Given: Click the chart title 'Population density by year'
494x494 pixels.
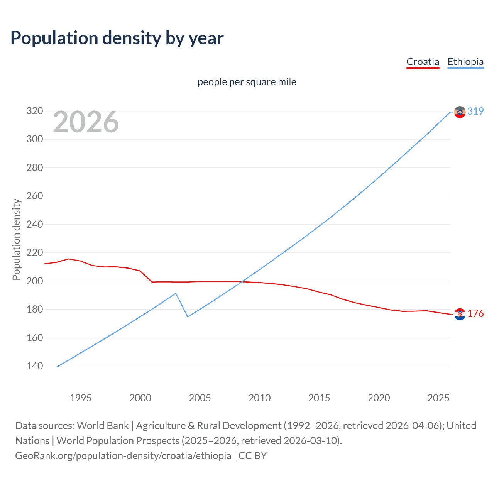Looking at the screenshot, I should [x=117, y=38].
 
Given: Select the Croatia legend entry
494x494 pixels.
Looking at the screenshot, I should [x=423, y=62].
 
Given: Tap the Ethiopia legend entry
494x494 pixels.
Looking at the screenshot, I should [x=465, y=62].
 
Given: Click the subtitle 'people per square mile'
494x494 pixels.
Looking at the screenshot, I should [x=247, y=82].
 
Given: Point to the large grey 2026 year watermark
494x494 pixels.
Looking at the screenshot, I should [x=86, y=122].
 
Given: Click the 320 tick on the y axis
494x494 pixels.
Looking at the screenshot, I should [x=34, y=111].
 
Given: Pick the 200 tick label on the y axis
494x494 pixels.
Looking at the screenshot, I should [x=34, y=281].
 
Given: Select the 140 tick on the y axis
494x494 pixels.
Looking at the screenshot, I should [x=34, y=366].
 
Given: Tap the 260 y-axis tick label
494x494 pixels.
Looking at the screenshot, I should [x=34, y=196].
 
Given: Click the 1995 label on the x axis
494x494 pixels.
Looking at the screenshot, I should [x=81, y=398].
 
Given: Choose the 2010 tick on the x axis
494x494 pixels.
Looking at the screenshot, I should [x=259, y=398].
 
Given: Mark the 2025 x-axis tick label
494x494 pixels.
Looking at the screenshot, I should [x=438, y=398].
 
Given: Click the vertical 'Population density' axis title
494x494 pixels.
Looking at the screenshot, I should [x=16, y=239].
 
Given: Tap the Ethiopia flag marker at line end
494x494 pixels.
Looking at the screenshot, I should [x=460, y=112].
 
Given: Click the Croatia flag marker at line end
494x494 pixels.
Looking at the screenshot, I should [x=460, y=314].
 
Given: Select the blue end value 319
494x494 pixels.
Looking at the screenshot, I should [x=475, y=112].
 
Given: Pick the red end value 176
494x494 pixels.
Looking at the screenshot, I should [x=475, y=314].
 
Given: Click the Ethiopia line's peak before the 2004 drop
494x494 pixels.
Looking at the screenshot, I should [x=176, y=293].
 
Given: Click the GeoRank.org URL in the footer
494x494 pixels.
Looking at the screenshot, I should [x=123, y=456].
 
